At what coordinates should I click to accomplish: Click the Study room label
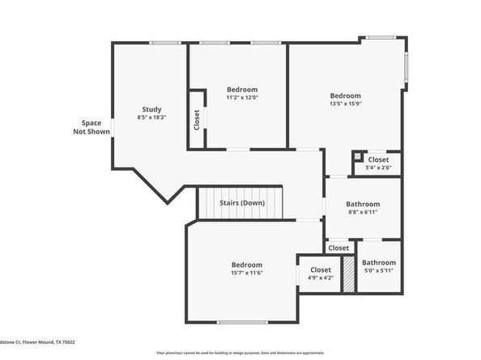click(x=151, y=110)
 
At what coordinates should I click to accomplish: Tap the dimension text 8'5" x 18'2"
click(x=151, y=118)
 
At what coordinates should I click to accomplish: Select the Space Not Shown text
click(x=91, y=127)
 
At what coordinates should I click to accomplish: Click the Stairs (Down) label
click(x=242, y=203)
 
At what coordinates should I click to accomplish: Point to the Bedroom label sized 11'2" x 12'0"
click(x=242, y=89)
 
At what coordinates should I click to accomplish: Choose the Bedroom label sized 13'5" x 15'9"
click(x=345, y=95)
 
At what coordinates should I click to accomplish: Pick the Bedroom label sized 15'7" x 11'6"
click(x=247, y=265)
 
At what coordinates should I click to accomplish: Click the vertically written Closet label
click(x=197, y=121)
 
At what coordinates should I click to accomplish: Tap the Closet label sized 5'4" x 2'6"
click(x=378, y=160)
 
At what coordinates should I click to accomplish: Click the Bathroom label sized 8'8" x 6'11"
click(x=363, y=205)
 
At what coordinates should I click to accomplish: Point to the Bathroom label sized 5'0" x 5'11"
click(x=379, y=263)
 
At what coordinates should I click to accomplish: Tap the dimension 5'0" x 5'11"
click(x=379, y=272)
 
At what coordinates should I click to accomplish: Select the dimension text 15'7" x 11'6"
click(x=247, y=273)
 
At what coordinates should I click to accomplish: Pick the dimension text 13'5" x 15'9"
click(x=345, y=104)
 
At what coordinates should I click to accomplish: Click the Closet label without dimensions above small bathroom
click(x=339, y=248)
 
